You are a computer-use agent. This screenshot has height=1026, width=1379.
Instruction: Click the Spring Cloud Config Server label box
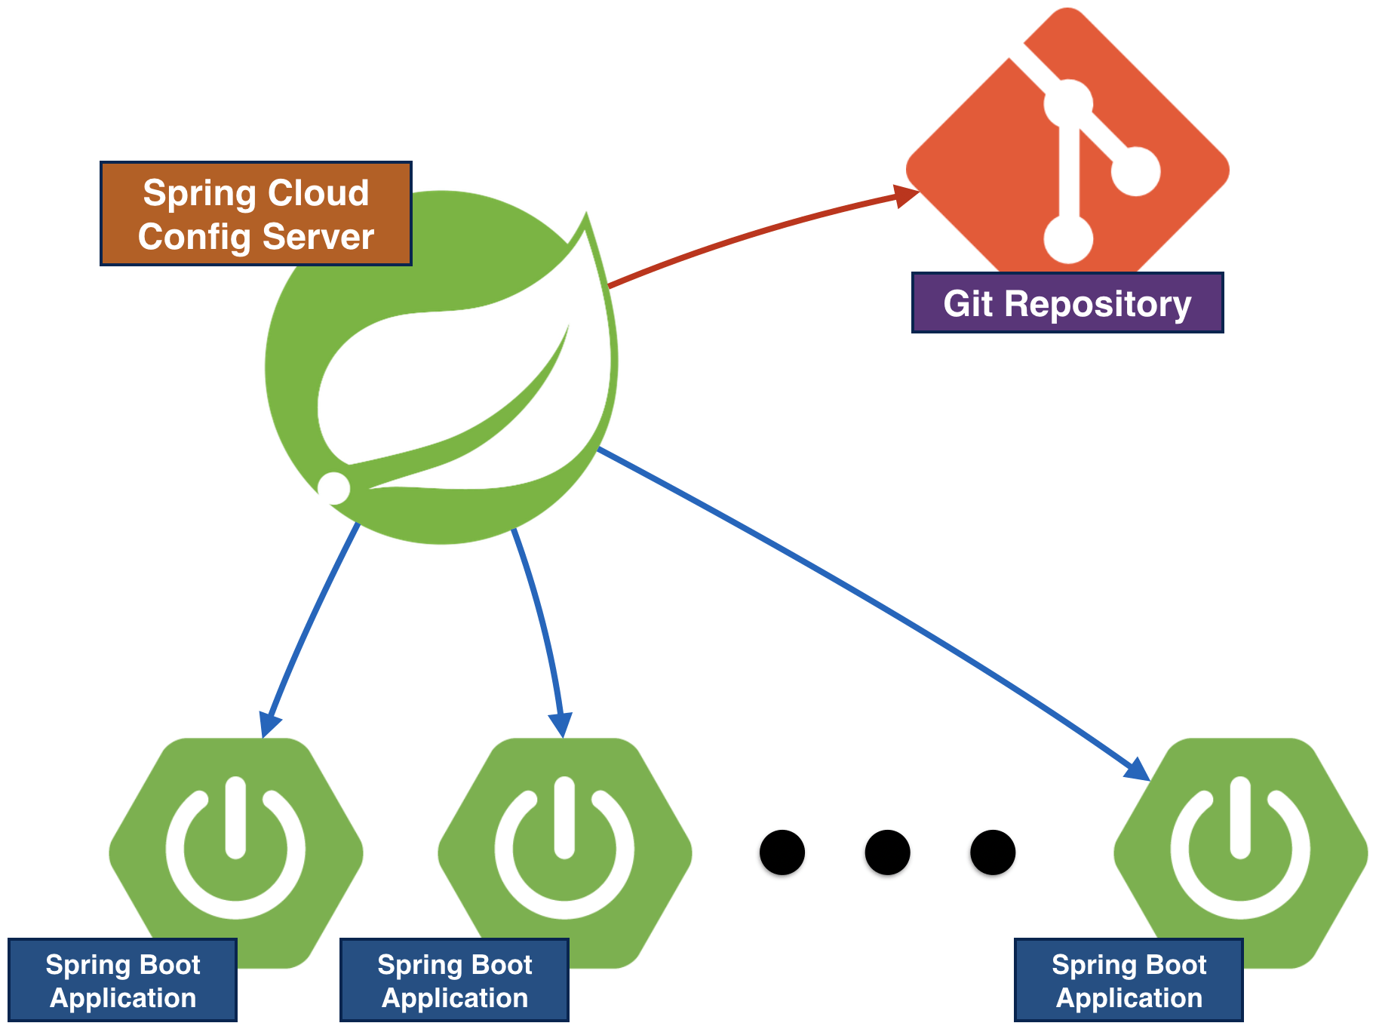pyautogui.click(x=256, y=213)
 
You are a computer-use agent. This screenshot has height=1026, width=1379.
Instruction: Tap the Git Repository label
pyautogui.click(x=1067, y=303)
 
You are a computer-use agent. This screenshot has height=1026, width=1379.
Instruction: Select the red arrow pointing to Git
pyautogui.click(x=754, y=231)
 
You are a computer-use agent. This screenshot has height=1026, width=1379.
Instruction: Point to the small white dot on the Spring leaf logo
pyautogui.click(x=333, y=487)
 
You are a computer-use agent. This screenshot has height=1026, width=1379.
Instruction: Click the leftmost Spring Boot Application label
pyautogui.click(x=122, y=981)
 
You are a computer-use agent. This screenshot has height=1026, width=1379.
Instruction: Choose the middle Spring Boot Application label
pyautogui.click(x=454, y=981)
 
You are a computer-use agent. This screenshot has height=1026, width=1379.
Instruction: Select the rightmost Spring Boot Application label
pyautogui.click(x=1129, y=981)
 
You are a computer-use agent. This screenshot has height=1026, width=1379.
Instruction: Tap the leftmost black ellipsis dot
pyautogui.click(x=782, y=852)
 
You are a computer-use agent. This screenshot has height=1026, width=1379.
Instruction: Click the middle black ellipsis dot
pyautogui.click(x=887, y=852)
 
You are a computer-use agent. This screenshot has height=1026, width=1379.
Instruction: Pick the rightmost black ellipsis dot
pyautogui.click(x=993, y=852)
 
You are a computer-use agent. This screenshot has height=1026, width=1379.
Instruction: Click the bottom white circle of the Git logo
pyautogui.click(x=1068, y=240)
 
